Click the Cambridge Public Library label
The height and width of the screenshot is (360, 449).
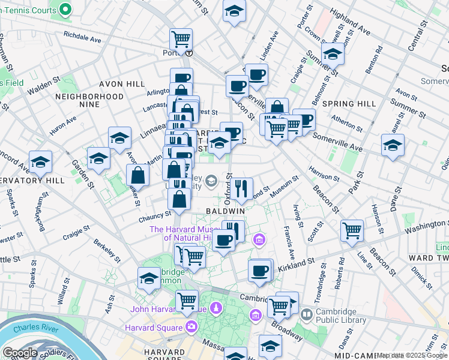(341, 316)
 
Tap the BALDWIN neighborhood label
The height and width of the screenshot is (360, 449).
(225, 211)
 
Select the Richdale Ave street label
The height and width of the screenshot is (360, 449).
(82, 37)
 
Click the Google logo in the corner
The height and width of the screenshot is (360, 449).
(20, 353)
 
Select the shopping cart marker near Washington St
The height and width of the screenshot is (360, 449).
(352, 230)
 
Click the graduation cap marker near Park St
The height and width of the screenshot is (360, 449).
(393, 145)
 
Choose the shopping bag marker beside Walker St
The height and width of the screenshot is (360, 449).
(138, 175)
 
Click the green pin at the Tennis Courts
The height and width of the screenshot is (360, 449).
(65, 9)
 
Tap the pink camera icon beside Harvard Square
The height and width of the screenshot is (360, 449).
(191, 327)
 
